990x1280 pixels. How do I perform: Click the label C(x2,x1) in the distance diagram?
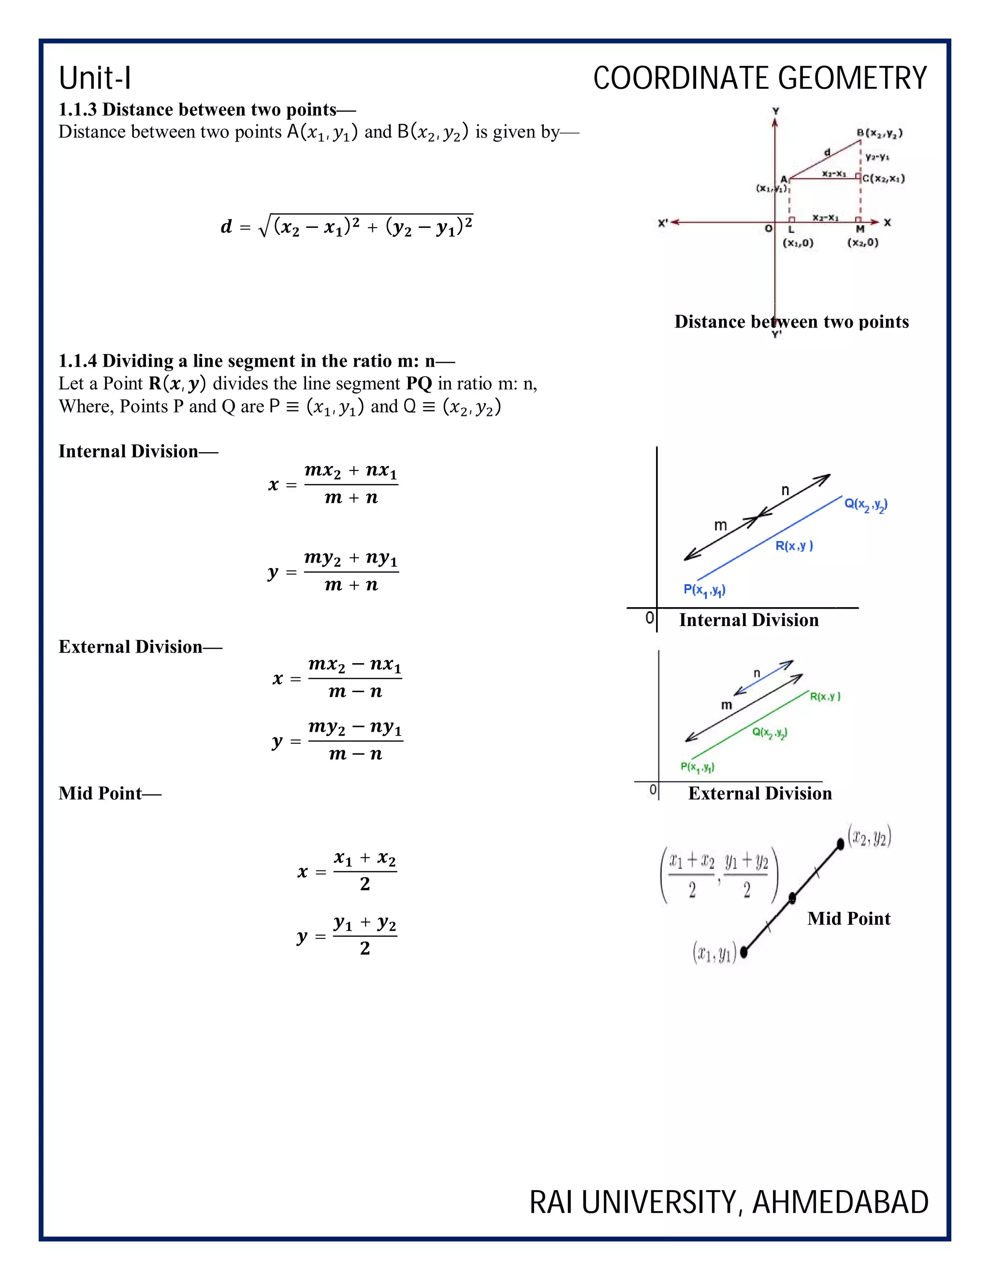click(883, 178)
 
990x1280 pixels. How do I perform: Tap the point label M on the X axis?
click(860, 229)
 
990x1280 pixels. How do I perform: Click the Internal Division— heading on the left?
click(138, 451)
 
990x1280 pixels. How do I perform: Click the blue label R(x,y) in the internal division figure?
click(794, 546)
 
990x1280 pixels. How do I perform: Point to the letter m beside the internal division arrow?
click(720, 525)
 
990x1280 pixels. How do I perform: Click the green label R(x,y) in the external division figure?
click(825, 696)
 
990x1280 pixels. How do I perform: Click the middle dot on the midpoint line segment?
click(792, 897)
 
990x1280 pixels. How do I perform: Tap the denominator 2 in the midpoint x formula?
click(365, 884)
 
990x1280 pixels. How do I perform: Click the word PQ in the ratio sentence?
click(419, 384)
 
